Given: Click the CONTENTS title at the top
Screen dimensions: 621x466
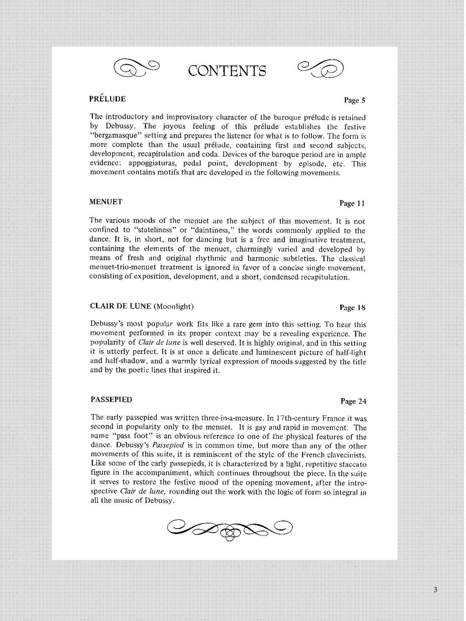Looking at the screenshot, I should [227, 71].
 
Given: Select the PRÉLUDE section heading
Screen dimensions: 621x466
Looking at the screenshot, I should [107, 99].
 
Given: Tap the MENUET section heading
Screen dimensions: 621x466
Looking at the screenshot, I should [106, 202].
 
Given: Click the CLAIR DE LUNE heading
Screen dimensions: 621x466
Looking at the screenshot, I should [120, 306].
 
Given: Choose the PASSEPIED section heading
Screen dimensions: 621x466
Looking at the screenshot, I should [111, 400].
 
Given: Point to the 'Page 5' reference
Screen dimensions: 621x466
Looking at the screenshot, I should [355, 100].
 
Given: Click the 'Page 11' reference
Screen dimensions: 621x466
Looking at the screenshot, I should [352, 203].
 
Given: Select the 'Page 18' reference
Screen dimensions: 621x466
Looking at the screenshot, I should [352, 308].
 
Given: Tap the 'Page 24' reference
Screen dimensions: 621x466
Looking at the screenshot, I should [353, 401].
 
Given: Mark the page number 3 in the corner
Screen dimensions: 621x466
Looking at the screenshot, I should [436, 591].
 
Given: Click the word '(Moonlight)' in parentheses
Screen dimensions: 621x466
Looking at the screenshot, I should [174, 307].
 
